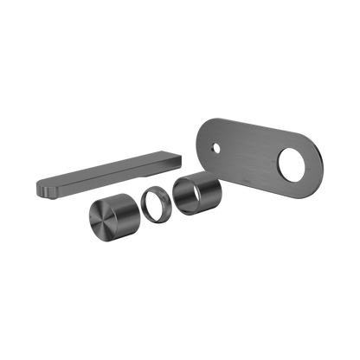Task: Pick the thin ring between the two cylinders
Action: (153, 207)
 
